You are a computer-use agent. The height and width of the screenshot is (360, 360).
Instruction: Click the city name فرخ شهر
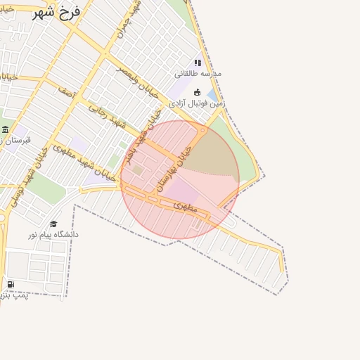click(x=57, y=12)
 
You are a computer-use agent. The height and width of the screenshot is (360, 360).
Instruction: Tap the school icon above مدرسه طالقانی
click(x=198, y=63)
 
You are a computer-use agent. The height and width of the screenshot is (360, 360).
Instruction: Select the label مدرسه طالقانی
click(x=198, y=74)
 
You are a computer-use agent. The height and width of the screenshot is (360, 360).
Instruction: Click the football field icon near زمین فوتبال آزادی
click(x=197, y=92)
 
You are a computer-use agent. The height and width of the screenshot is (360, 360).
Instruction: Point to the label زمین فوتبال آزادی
click(x=197, y=103)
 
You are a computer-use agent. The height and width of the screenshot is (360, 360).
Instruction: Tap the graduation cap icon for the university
click(x=53, y=224)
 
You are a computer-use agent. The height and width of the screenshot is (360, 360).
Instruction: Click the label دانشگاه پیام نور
click(x=53, y=234)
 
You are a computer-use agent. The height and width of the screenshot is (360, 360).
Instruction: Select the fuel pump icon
click(x=11, y=284)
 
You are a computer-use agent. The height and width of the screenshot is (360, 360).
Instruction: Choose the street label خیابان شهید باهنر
click(x=140, y=141)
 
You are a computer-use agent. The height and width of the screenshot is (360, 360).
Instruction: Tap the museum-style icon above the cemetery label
click(x=6, y=129)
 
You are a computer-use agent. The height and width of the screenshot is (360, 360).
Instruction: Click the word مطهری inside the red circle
click(x=185, y=205)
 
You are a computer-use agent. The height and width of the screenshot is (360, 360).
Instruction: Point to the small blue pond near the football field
click(x=212, y=95)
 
